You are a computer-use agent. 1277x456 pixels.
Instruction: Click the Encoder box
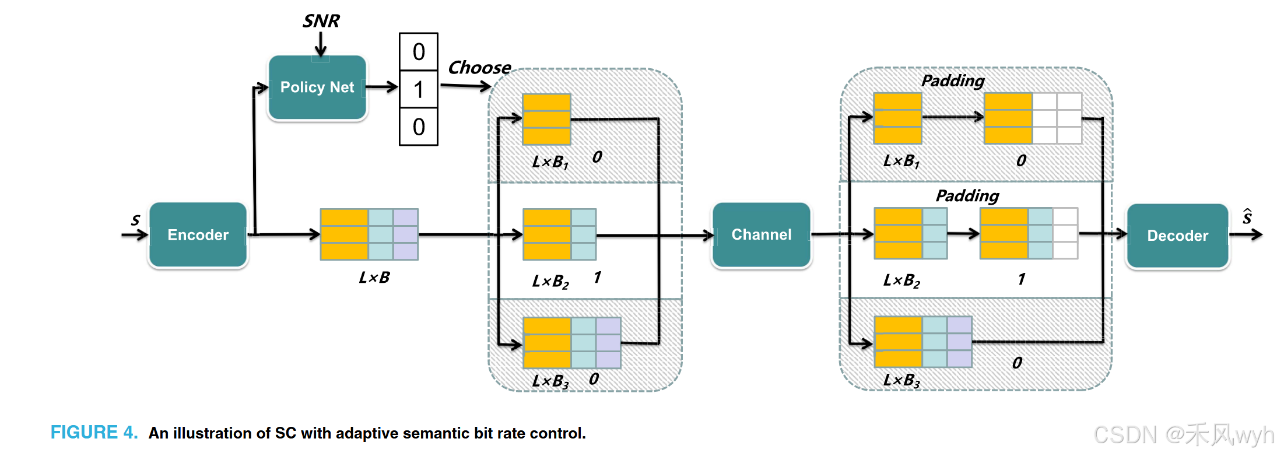tap(198, 235)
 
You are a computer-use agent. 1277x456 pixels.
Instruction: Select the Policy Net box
tap(317, 87)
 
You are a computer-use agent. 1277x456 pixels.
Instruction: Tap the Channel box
tap(761, 235)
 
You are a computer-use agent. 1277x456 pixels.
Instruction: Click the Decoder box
tap(1177, 236)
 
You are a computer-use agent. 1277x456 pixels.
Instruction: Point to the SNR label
tap(321, 21)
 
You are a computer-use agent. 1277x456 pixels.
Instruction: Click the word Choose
tap(479, 68)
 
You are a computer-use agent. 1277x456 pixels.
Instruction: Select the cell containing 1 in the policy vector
tap(418, 90)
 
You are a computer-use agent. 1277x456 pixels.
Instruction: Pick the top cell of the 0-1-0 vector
tap(418, 52)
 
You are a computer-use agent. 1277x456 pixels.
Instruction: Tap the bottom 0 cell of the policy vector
tap(418, 127)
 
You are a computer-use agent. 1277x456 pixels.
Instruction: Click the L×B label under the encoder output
tap(374, 278)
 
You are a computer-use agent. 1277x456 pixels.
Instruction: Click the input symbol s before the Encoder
tap(135, 220)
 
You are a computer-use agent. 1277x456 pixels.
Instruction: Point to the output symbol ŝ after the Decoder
tap(1247, 217)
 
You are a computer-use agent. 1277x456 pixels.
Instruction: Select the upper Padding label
tap(953, 80)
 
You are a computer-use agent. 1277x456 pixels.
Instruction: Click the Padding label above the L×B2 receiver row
tap(967, 195)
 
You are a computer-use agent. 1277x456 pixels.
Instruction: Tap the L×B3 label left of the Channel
tap(550, 381)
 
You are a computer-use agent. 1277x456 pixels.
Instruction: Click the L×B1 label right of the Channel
tap(901, 161)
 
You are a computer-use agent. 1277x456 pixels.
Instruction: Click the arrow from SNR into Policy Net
tap(321, 44)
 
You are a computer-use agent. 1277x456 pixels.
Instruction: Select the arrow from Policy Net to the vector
tap(382, 87)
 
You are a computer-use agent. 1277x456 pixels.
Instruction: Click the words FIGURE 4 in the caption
tap(94, 433)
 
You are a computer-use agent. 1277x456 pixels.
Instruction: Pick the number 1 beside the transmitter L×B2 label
tap(597, 278)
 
